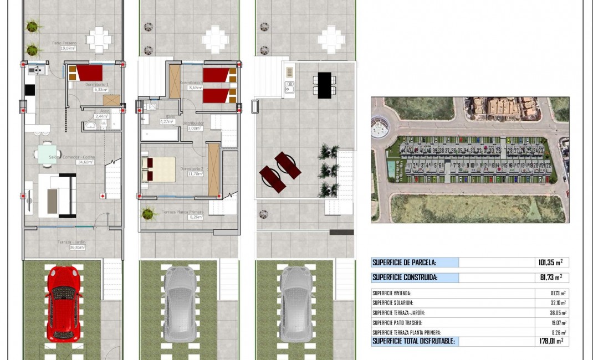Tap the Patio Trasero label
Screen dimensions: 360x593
64,43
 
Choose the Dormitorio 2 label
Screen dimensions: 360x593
191,169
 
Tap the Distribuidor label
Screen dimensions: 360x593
196,123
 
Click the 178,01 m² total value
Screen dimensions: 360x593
551,341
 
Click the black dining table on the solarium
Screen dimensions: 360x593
325,85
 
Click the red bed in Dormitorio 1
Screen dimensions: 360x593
89,73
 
